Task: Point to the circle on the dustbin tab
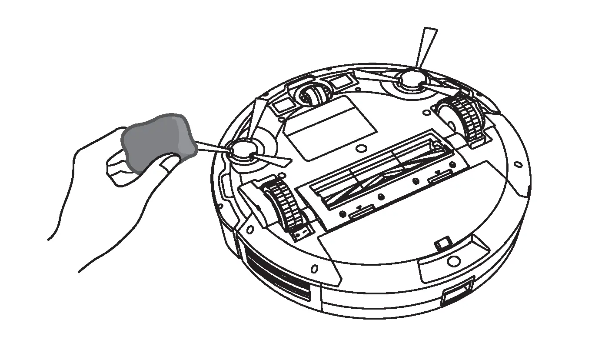[453, 261]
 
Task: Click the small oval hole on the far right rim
[518, 165]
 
